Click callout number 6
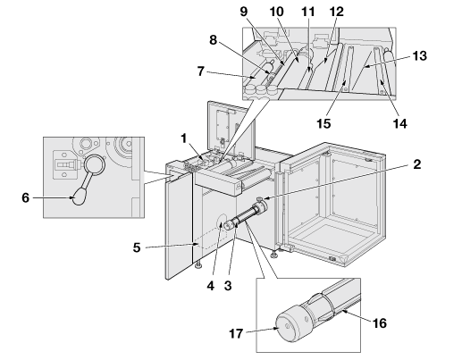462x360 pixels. coord(26,197)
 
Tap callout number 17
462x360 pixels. coord(236,333)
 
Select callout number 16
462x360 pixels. coord(380,323)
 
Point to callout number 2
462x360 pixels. coord(417,164)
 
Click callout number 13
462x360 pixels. coord(420,55)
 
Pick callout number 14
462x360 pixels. coord(399,123)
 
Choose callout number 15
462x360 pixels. coord(323,123)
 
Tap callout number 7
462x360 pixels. coord(201,71)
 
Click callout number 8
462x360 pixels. coord(213,39)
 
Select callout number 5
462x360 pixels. coord(137,247)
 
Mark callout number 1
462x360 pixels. coord(184,138)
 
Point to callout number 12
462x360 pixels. coord(337,12)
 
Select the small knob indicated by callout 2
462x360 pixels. coord(260,198)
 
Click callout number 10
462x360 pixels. coord(277,12)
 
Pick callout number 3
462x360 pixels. coord(228,286)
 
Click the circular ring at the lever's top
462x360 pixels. coord(95,164)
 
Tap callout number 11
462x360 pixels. coord(308,12)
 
